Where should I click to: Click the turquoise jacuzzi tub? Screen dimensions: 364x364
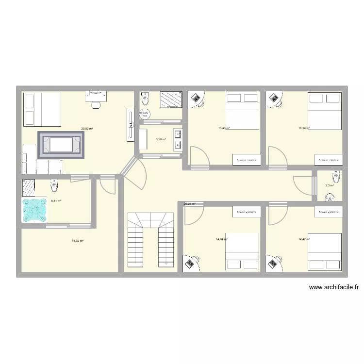point(34,210)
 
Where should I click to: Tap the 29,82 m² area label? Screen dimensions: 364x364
point(87,129)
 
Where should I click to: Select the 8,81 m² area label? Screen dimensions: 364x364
point(56,200)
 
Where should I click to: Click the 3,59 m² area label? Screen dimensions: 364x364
point(161,139)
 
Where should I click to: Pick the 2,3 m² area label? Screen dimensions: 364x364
point(330,185)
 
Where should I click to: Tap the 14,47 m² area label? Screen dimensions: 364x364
point(304,239)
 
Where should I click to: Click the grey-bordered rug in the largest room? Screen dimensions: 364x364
point(61,145)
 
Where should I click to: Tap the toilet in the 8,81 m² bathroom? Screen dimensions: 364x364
point(54,185)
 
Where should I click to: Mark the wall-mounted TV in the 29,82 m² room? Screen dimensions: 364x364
point(130,125)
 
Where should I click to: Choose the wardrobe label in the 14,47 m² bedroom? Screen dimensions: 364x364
point(328,212)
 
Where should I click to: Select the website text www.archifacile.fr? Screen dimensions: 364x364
point(334,287)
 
